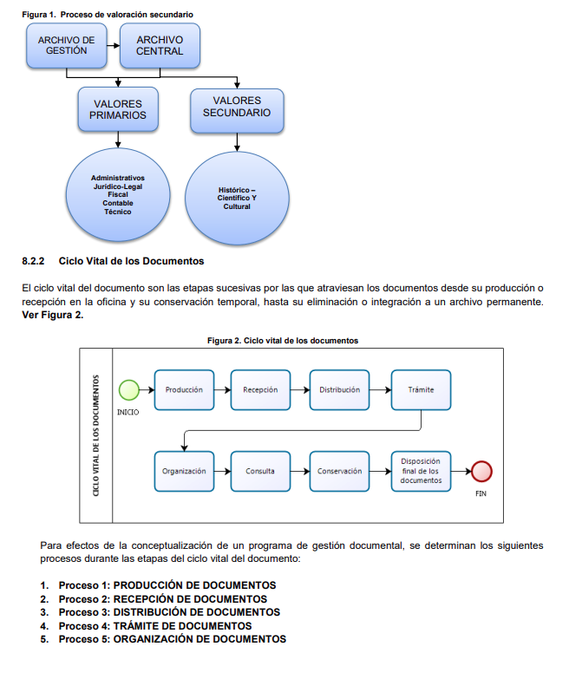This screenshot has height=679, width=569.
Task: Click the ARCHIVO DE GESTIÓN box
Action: (x=66, y=45)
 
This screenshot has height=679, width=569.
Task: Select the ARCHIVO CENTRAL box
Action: (x=160, y=45)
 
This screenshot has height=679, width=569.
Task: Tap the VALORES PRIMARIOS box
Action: (x=118, y=109)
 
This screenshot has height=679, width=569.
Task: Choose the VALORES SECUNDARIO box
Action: (x=237, y=111)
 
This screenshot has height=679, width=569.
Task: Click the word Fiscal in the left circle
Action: (x=118, y=194)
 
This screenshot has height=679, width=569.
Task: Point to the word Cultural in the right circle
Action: (x=237, y=206)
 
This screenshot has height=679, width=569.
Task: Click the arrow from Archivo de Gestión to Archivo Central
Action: (x=113, y=45)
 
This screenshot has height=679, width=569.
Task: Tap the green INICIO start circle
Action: (x=129, y=389)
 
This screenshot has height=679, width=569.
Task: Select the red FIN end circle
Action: (x=481, y=471)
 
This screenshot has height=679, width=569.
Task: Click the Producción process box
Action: (x=184, y=389)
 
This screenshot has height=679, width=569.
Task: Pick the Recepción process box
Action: (x=260, y=389)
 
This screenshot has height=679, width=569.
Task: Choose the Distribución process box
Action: (x=339, y=389)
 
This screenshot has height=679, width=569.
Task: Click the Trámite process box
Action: (x=421, y=389)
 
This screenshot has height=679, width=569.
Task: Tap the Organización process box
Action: (x=184, y=471)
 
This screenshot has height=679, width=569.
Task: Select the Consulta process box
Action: (x=260, y=471)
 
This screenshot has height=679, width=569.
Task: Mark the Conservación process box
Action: (x=339, y=471)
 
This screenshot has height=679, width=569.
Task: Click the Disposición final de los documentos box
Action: (x=421, y=471)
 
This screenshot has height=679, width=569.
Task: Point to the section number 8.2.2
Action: (x=33, y=261)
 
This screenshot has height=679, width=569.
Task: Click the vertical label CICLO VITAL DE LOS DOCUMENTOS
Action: (x=95, y=435)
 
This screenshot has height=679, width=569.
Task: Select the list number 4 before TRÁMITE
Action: (x=44, y=626)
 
